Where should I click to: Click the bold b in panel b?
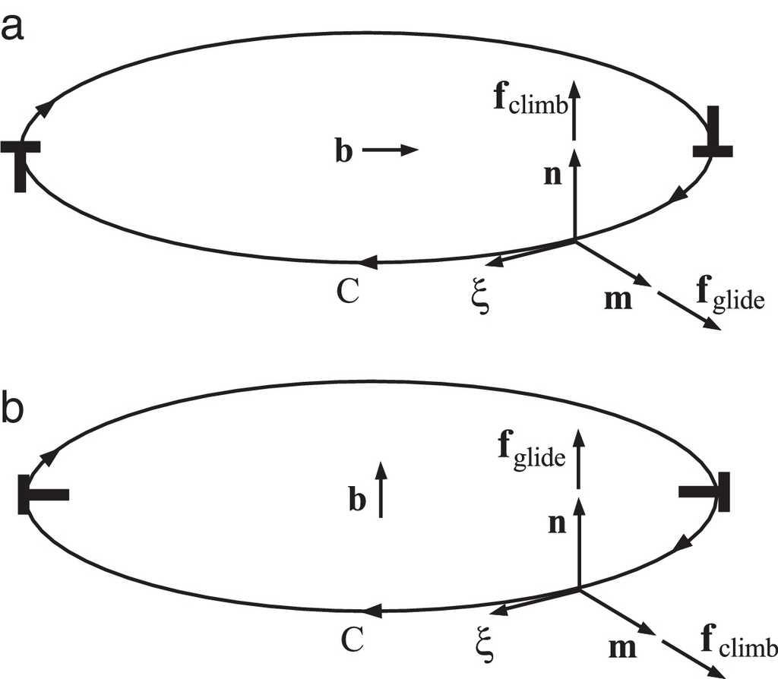[357, 501]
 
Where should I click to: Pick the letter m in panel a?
[615, 299]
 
